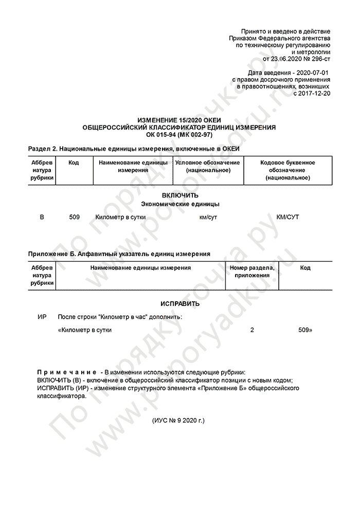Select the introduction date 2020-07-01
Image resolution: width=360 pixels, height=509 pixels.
(311, 73)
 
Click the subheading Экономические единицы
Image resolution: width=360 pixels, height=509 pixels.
(180, 204)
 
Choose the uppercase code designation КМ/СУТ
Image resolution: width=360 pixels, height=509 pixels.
(287, 217)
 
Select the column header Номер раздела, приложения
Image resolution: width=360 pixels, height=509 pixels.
(252, 271)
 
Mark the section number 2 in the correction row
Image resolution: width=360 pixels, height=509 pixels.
(252, 330)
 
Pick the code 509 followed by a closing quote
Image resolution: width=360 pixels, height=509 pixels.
(304, 330)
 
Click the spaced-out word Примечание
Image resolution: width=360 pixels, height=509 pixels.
(67, 372)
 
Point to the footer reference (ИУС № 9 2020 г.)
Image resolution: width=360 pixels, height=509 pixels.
(178, 421)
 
